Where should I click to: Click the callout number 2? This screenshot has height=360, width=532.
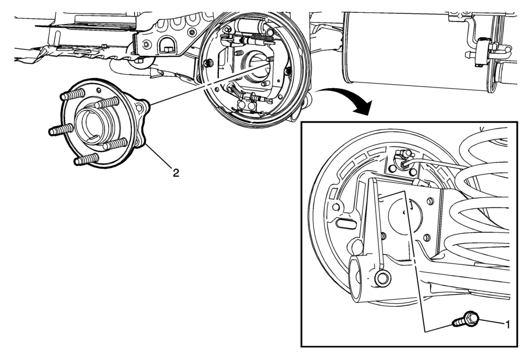tap(176, 172)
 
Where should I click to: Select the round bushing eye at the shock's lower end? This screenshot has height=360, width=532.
tap(382, 277)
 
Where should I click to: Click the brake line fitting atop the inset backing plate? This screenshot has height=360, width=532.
tap(400, 161)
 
